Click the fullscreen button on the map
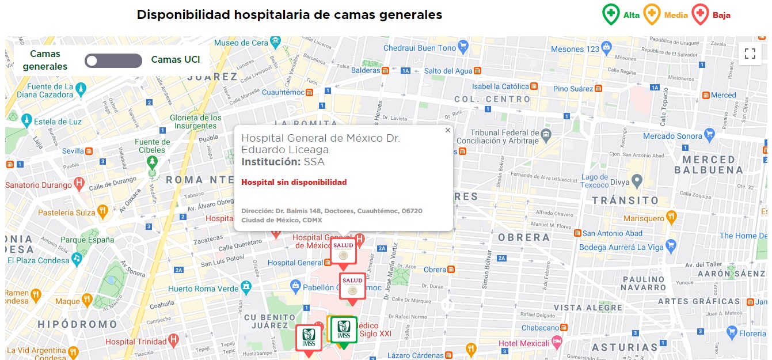click(x=750, y=54)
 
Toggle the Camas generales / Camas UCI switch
click(x=113, y=60)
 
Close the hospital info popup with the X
click(x=447, y=130)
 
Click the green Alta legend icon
click(x=611, y=14)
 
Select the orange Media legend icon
click(x=652, y=14)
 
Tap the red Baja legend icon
click(x=700, y=14)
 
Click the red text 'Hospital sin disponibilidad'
click(x=294, y=182)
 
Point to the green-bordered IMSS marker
click(x=344, y=330)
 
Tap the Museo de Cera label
click(x=241, y=43)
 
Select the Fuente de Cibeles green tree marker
click(x=152, y=162)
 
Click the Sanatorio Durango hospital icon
click(x=79, y=184)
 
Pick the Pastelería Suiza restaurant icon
click(x=102, y=212)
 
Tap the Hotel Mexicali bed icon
click(x=557, y=343)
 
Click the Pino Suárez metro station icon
click(x=599, y=89)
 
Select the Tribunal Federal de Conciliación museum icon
click(x=547, y=134)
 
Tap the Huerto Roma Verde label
click(x=203, y=288)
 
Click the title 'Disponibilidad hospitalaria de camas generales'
click(x=290, y=14)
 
